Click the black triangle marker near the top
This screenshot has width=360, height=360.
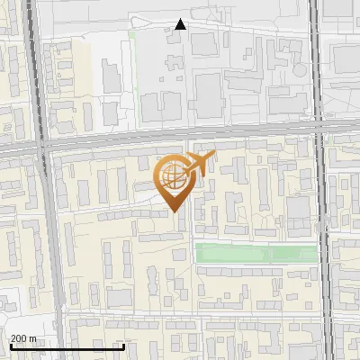181,24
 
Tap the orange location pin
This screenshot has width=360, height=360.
175,181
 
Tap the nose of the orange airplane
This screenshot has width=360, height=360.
214,157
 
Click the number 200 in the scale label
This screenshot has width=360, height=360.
19,338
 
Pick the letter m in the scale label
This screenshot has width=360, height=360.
33,338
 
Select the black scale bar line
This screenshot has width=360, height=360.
67,346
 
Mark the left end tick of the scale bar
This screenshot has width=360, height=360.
10,345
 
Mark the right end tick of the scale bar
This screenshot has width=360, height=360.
124,345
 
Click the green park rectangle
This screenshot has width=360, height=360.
256,254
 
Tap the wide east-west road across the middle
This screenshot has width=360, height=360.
108,141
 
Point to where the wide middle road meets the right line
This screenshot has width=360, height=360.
319,131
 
